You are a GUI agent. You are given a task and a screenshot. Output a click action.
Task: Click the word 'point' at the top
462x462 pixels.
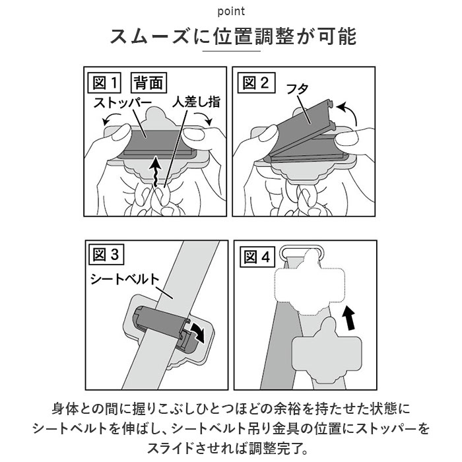click(x=230, y=11)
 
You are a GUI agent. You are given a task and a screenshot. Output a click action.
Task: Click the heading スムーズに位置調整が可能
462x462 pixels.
click(x=231, y=36)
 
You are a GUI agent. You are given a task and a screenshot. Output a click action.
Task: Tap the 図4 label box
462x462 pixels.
click(x=256, y=254)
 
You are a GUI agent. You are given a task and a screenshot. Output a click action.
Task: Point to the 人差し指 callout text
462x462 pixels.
click(x=196, y=103)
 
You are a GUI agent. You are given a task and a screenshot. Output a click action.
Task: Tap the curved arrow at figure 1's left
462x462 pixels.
click(x=106, y=119)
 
